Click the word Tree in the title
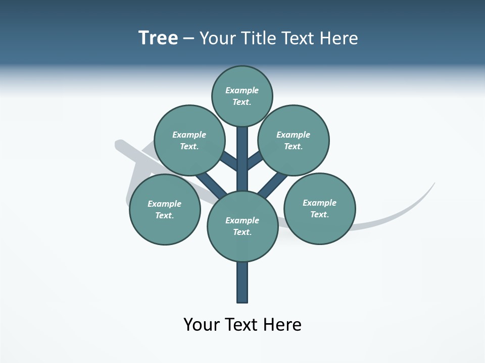[x=158, y=38]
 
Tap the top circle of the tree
[x=242, y=96]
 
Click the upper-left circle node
[x=189, y=140]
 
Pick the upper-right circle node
[x=294, y=140]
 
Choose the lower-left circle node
[x=165, y=210]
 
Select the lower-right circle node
[x=320, y=209]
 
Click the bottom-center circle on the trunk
[x=243, y=226]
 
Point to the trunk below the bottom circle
[x=243, y=282]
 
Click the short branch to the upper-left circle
[x=229, y=161]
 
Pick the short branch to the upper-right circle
[x=256, y=161]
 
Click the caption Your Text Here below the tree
[x=243, y=324]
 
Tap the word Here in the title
[x=339, y=38]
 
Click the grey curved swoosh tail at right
[x=404, y=212]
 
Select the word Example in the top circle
[x=242, y=90]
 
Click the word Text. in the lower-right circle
[x=320, y=214]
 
